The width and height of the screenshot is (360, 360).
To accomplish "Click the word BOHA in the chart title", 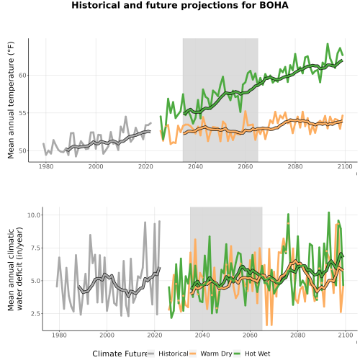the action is [274, 5].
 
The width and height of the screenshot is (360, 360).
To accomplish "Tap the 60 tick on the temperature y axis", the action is [22, 76].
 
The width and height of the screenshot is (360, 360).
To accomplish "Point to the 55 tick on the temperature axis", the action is [22, 113].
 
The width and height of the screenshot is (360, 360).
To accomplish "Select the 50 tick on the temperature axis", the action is [22, 150].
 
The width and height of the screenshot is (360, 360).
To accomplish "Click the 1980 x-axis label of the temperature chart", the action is [46, 166].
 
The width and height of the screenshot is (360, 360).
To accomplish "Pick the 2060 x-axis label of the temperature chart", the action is [246, 166].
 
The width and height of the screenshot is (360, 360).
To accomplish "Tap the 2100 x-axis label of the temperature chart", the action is [345, 166].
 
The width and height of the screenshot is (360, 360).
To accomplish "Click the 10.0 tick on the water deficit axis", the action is [34, 215].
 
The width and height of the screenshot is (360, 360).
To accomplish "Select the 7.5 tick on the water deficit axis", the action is [35, 248].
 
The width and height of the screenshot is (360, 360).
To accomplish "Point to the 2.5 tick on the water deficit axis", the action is [35, 313].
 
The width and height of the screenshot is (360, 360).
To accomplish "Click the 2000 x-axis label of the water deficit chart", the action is [107, 335].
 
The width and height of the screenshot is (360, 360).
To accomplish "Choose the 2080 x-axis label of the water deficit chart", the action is [297, 335].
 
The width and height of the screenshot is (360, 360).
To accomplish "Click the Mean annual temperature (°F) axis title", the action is [11, 100].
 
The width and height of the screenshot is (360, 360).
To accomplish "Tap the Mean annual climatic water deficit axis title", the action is [15, 269].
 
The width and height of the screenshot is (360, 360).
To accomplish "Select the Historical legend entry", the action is [168, 354].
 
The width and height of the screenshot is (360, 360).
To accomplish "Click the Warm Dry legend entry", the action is [211, 354].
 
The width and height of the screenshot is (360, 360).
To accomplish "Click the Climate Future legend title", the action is [120, 354].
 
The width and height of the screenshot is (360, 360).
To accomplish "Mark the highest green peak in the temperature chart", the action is [328, 44].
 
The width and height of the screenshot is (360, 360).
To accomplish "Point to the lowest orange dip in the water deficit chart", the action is [266, 325].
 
